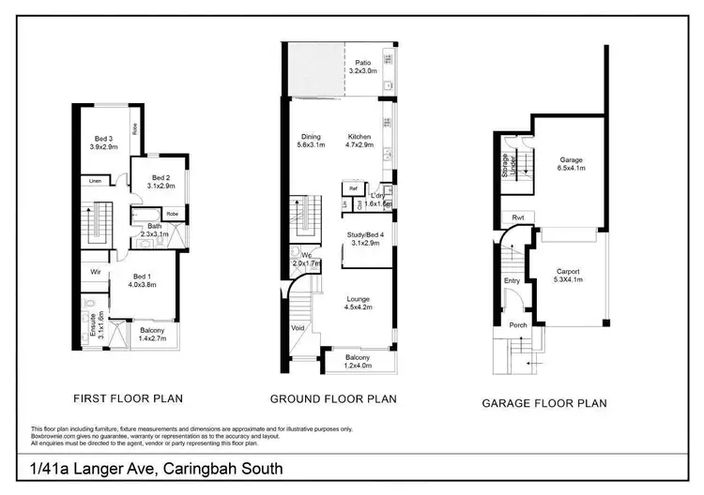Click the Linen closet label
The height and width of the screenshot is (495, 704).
click(96, 180)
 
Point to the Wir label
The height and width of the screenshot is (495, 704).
click(96, 272)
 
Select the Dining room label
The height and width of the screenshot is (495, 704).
click(311, 136)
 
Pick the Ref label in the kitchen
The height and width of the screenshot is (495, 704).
click(355, 187)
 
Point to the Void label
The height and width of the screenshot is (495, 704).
click(298, 328)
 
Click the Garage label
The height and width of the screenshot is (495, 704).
click(572, 159)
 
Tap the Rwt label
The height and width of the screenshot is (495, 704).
click(517, 217)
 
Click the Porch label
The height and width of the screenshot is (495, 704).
click(517, 327)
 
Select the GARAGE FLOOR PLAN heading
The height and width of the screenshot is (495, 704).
click(543, 403)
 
